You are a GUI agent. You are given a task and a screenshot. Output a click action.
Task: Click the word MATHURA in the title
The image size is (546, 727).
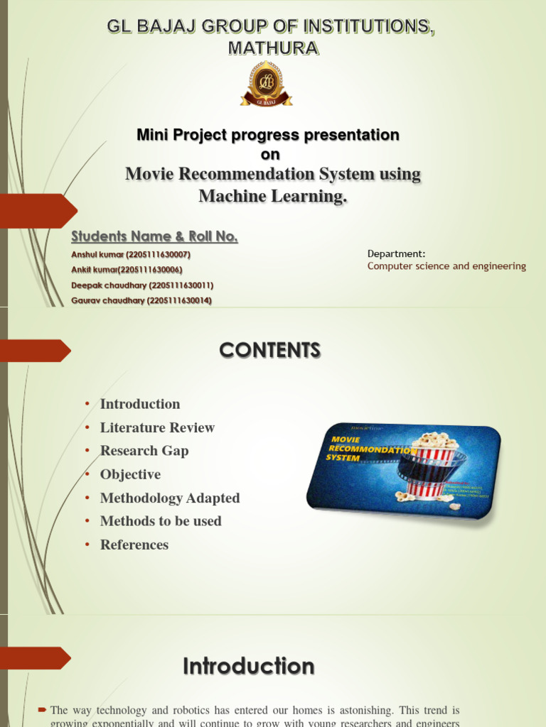(x=273, y=48)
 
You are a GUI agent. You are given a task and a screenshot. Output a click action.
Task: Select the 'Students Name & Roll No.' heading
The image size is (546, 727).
(x=154, y=236)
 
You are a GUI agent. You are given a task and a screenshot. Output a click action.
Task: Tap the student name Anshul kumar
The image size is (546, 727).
(x=131, y=254)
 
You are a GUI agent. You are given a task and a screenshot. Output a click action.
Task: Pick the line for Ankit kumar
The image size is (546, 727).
(x=127, y=270)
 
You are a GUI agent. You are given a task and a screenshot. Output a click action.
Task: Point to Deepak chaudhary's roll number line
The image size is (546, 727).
(x=142, y=285)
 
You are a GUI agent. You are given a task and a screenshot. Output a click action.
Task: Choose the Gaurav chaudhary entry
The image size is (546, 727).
(x=141, y=301)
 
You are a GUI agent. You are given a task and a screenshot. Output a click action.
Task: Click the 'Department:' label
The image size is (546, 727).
(x=396, y=253)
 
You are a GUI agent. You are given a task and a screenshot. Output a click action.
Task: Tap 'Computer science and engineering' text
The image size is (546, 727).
(x=446, y=266)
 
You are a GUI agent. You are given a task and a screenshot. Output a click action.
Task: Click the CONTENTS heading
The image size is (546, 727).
(x=269, y=350)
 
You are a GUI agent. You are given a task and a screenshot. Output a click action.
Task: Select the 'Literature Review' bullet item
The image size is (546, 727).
(x=157, y=427)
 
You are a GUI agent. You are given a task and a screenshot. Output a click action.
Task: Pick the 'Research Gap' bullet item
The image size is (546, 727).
(x=144, y=451)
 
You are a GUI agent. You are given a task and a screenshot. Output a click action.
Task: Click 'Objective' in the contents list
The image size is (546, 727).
(x=130, y=474)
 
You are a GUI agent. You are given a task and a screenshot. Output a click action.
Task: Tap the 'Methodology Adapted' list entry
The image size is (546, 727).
(x=170, y=498)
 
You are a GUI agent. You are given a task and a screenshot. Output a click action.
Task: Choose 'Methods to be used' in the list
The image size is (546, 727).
(x=161, y=521)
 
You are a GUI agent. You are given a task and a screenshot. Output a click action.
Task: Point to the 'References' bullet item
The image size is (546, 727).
(x=134, y=545)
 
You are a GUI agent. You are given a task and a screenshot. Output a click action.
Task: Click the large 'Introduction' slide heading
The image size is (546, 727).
(x=248, y=667)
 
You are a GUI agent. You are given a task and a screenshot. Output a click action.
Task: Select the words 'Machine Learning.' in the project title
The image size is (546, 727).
(x=273, y=196)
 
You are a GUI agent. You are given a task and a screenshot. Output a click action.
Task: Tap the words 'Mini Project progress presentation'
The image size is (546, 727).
(x=267, y=135)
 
